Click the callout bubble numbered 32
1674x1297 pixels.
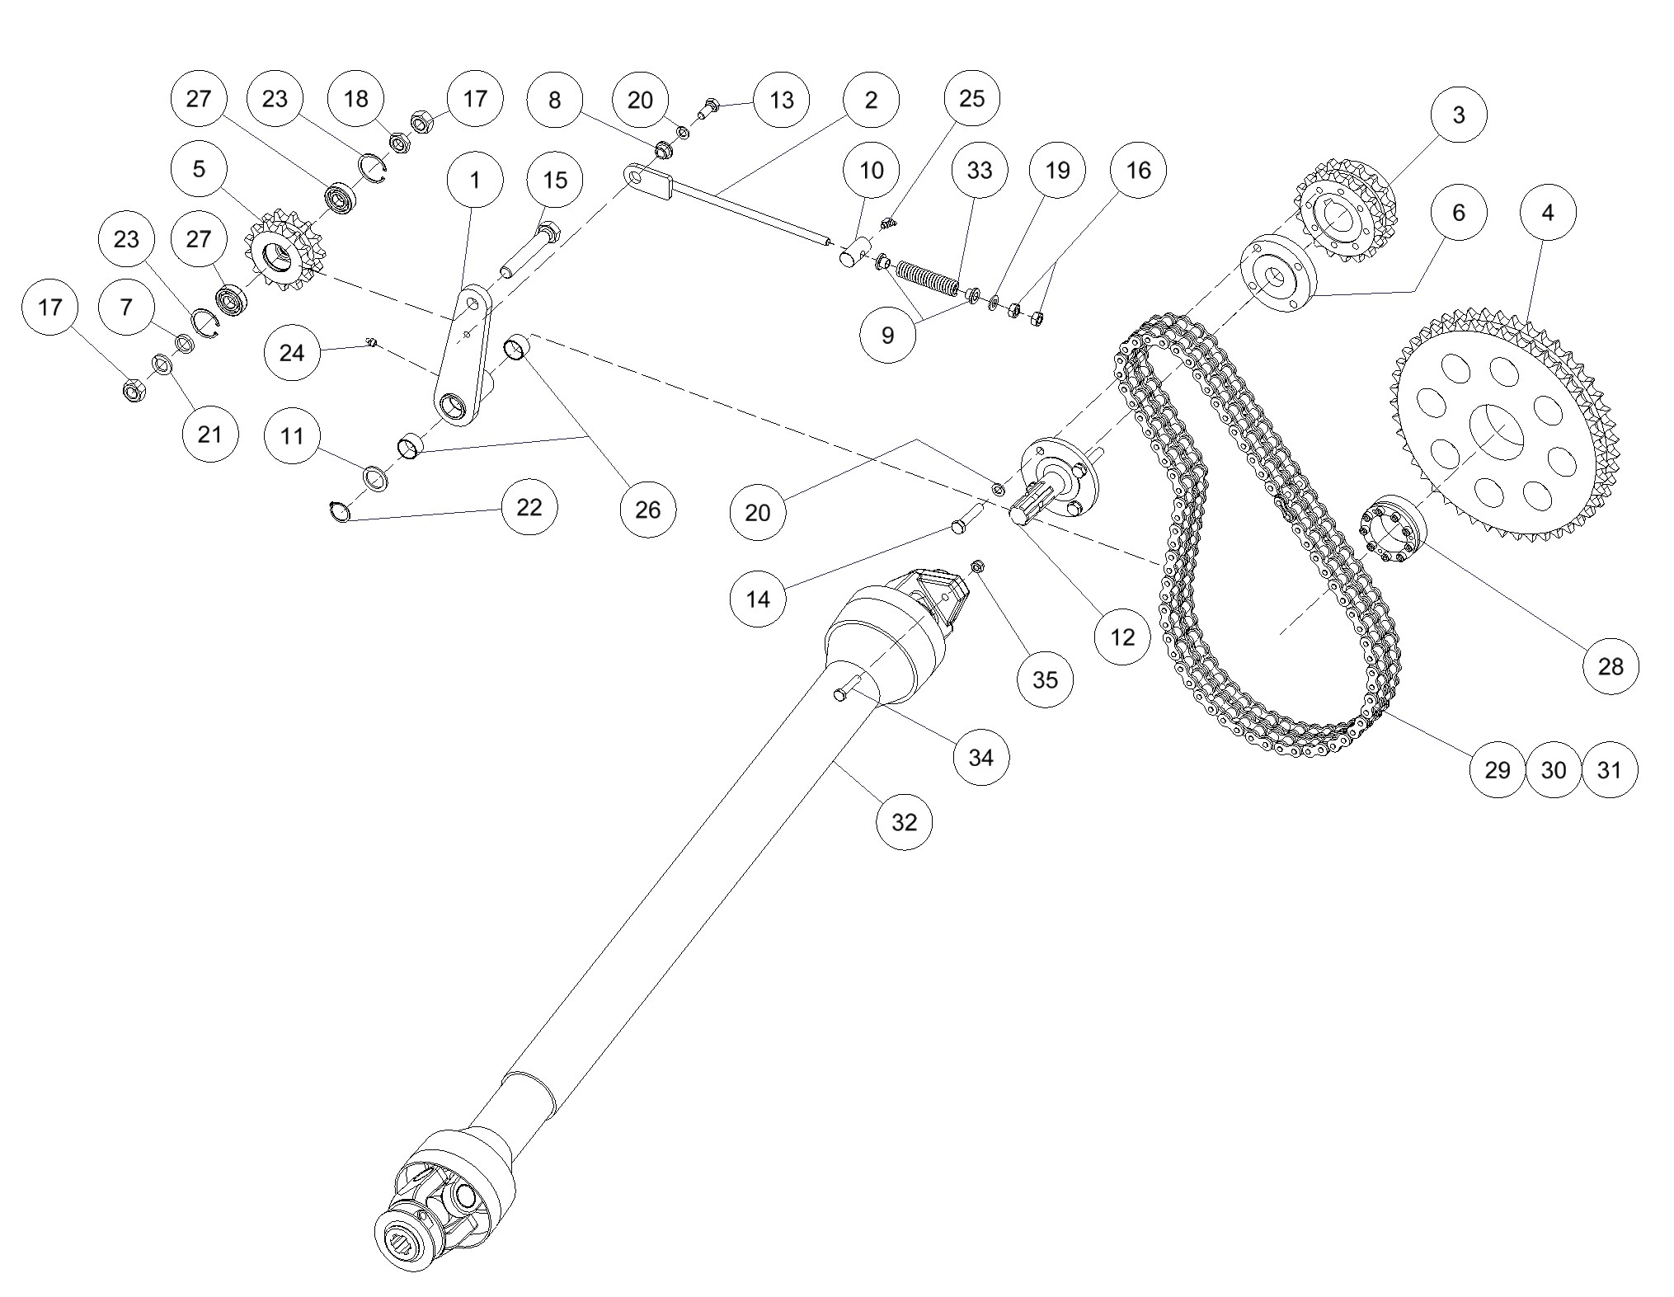coord(904,822)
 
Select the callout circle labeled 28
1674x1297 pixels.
coord(1611,666)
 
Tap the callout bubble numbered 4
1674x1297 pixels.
coord(1547,213)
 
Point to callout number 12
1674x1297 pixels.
coord(1122,637)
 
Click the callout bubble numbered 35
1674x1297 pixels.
coord(1045,679)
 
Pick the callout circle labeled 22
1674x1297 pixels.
coord(529,507)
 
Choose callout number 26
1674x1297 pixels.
coord(647,510)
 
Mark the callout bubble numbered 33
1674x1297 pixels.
coord(979,171)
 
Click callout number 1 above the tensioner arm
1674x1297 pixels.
coord(474,180)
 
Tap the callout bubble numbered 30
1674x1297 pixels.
coord(1554,770)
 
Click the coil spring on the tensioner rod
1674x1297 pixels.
coord(928,279)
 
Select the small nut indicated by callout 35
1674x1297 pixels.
coord(977,566)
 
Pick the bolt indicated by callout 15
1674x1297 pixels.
coord(534,247)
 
